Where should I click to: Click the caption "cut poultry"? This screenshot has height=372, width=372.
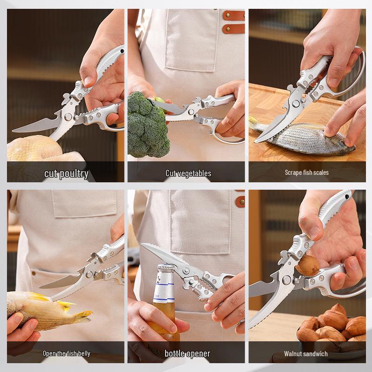(x=66, y=174)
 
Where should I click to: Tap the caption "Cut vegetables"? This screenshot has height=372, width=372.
(x=188, y=173)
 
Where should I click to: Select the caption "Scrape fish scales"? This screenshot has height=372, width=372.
(x=306, y=173)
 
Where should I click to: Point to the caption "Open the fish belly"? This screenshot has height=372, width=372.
(x=66, y=353)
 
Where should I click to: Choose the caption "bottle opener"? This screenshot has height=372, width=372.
(x=187, y=353)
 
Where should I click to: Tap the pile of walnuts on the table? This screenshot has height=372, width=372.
(x=332, y=328)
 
